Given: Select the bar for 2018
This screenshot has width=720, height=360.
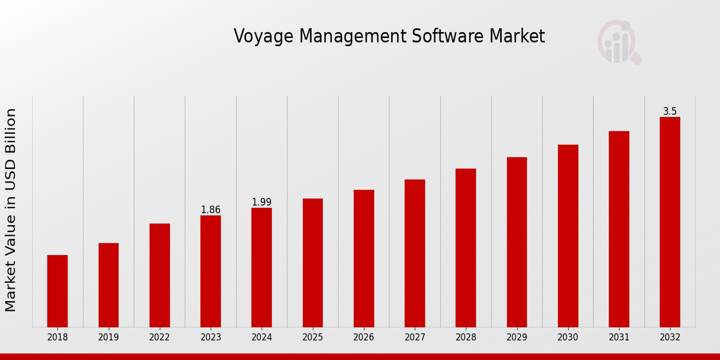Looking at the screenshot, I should [x=58, y=291].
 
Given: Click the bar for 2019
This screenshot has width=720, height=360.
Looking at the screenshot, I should [x=109, y=285].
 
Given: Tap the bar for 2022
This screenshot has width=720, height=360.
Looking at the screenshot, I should [x=160, y=275].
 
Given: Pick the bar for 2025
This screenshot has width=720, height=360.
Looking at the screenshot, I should [x=313, y=263].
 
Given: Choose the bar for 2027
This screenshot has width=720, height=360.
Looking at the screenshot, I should [x=415, y=253].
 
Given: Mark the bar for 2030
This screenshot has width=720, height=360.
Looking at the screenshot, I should [x=568, y=236].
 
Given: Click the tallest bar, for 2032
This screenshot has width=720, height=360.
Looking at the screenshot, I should [x=670, y=222].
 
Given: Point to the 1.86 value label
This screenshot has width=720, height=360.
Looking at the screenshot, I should [x=211, y=210].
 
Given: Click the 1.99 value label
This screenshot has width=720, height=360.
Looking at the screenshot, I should [x=262, y=202].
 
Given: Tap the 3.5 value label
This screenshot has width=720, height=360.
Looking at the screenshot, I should [x=670, y=112].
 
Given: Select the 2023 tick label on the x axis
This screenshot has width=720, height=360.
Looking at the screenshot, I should [x=211, y=338].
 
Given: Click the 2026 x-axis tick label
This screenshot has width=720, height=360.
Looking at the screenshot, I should [x=364, y=338].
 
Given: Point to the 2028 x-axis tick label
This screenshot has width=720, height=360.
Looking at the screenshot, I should [x=466, y=338].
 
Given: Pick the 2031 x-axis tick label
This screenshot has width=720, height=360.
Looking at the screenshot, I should [x=619, y=338].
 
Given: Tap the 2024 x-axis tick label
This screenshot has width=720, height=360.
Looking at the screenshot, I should [x=262, y=338].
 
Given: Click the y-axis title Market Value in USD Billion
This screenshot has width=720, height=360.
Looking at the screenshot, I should [x=11, y=210].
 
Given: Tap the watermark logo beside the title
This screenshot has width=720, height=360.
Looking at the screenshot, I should [x=619, y=42].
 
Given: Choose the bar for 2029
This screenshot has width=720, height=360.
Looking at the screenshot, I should [x=517, y=242].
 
